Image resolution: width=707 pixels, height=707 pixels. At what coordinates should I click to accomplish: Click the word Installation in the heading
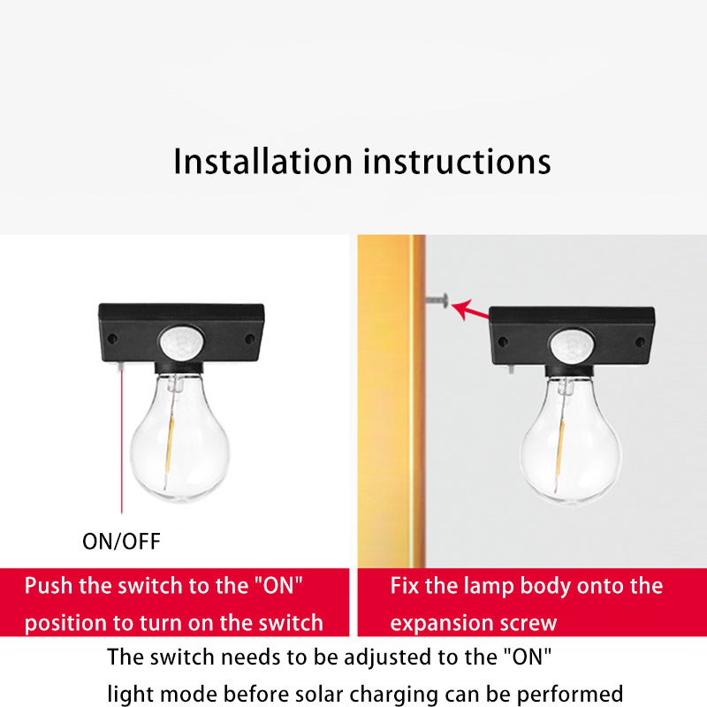tap(262, 161)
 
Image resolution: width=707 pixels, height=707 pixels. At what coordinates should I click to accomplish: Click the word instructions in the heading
tap(457, 162)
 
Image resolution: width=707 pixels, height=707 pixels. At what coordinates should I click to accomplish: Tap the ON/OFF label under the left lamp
tap(121, 542)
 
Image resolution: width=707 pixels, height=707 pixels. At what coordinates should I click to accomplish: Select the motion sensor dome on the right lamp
tap(572, 345)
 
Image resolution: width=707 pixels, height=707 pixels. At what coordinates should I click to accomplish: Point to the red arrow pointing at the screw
tap(470, 310)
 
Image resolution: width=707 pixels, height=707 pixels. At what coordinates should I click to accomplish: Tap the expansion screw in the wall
tap(437, 300)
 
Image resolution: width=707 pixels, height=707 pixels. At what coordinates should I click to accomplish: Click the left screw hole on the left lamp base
tap(112, 338)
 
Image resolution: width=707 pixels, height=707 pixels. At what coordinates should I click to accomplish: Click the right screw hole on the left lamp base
tap(249, 338)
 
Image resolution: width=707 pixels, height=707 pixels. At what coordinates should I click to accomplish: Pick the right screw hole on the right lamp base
tap(640, 342)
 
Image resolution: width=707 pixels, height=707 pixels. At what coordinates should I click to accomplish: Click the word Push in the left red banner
tap(49, 586)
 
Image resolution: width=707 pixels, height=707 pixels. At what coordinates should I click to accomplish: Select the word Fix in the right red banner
tap(405, 586)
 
